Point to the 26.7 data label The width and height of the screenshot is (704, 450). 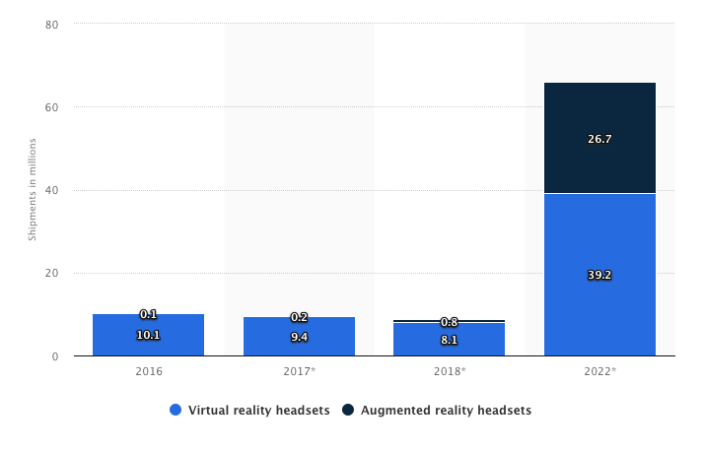tap(599, 139)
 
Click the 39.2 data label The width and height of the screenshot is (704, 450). tap(599, 275)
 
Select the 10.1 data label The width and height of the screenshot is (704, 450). tap(148, 335)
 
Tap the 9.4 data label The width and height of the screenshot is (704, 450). tap(299, 337)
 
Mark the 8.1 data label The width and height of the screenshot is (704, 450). tap(449, 339)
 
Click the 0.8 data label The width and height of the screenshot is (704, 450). tap(449, 322)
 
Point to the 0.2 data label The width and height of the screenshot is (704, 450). tap(299, 317)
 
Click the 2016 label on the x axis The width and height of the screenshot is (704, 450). tap(148, 372)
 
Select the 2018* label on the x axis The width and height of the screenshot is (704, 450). tap(449, 372)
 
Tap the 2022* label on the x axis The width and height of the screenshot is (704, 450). tap(599, 372)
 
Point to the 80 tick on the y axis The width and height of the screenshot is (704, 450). tap(51, 24)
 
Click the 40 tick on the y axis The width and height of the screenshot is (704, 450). tap(51, 190)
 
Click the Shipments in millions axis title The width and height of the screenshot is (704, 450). tap(32, 190)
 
